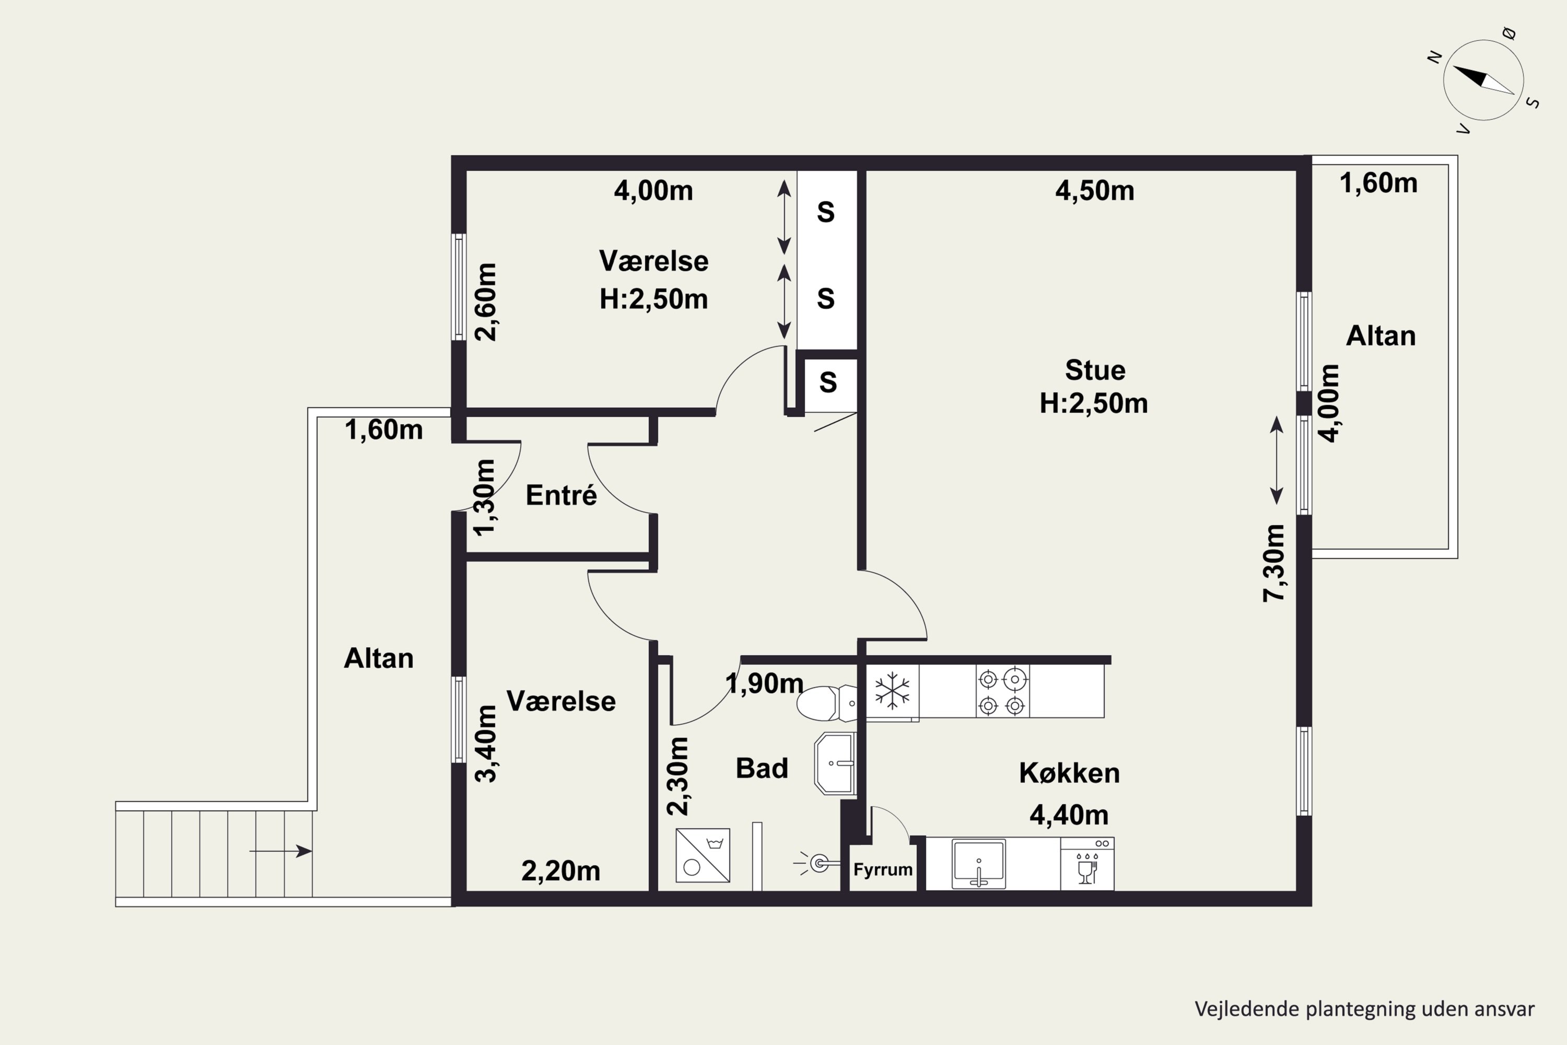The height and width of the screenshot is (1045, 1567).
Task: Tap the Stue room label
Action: tap(1095, 370)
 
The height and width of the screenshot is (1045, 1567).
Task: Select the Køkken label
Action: tap(1069, 773)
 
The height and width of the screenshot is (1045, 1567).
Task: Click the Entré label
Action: tap(561, 495)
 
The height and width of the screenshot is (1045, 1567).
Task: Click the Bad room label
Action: tap(762, 769)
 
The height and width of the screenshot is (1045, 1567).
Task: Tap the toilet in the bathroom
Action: tap(827, 704)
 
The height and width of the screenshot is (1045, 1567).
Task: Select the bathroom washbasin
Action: tap(835, 764)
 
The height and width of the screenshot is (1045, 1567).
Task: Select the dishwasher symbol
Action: tap(1086, 864)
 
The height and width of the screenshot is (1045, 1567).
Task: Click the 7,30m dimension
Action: tap(1273, 563)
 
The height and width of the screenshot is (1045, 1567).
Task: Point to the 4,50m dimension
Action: tap(1095, 191)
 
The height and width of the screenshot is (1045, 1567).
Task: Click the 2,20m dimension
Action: tap(560, 871)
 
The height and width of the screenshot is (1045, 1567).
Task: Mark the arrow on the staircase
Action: tap(280, 851)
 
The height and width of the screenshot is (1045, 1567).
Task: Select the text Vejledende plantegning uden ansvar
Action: tap(1364, 1009)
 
